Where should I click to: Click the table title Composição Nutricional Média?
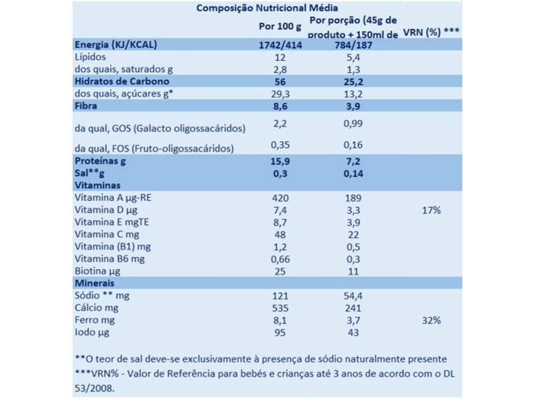[x=267, y=8]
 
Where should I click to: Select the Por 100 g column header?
[x=280, y=27]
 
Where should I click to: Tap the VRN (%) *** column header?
[x=431, y=32]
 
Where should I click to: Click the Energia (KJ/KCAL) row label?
[x=116, y=45]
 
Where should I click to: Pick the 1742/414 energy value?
[x=280, y=45]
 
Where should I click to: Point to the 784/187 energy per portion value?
[x=353, y=45]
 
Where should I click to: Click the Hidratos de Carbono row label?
[x=122, y=81]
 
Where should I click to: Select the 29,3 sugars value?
[x=280, y=94]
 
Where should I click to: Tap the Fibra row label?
[x=86, y=106]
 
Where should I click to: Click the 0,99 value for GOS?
[x=353, y=123]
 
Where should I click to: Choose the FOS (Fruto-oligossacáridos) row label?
[x=154, y=148]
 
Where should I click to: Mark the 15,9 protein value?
[x=280, y=161]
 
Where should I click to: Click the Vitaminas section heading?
[x=97, y=185]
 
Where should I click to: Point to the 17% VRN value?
[x=431, y=210]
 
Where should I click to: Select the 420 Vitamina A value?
[x=280, y=198]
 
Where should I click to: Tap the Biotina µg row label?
[x=97, y=271]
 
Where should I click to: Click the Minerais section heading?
[x=94, y=283]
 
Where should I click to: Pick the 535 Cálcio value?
[x=280, y=308]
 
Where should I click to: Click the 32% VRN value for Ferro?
[x=431, y=320]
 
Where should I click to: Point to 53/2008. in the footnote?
[x=94, y=388]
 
